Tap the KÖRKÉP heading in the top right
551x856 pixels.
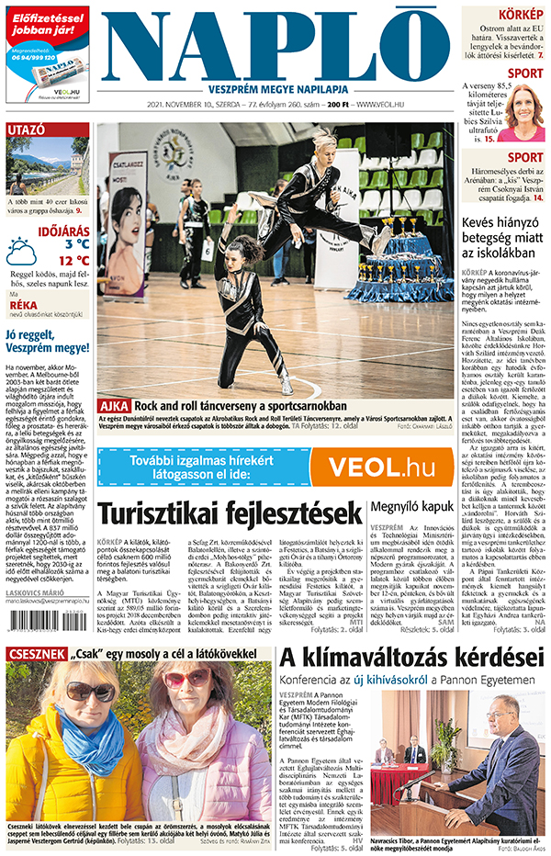pyautogui.click(x=520, y=15)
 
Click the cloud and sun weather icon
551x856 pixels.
pyautogui.click(x=21, y=251)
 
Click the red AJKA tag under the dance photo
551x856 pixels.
pyautogui.click(x=114, y=378)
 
